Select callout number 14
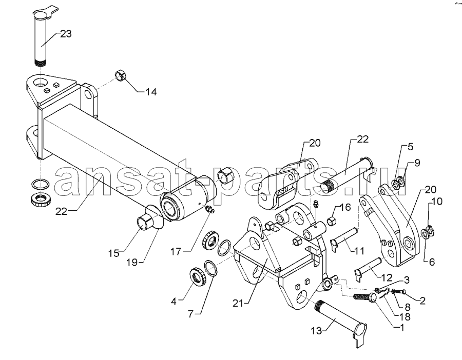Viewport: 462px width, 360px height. (x=150, y=92)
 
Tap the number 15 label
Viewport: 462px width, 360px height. (x=113, y=253)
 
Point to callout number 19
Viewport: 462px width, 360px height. (x=132, y=262)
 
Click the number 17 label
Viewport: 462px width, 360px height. (x=177, y=252)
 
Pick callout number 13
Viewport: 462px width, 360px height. (x=316, y=331)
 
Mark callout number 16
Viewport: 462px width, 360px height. (x=346, y=207)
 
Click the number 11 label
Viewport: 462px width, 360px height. (x=359, y=251)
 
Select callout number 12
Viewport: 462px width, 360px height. (x=387, y=277)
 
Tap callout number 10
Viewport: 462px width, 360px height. (x=437, y=202)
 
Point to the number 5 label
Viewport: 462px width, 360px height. (x=411, y=147)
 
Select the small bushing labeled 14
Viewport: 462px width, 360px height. (x=120, y=74)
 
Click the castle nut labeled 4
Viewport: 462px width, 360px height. (x=196, y=277)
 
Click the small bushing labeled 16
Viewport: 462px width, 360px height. (x=333, y=220)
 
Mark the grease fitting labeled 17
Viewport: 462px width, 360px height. (x=210, y=210)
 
